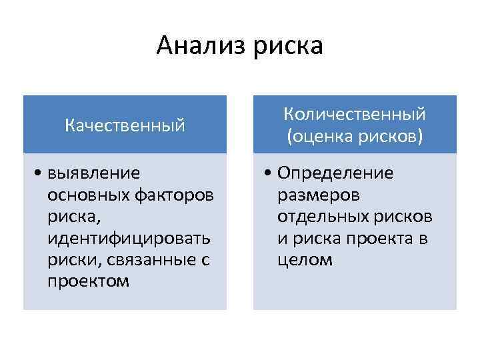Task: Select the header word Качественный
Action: pos(125,125)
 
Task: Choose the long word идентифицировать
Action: pos(129,238)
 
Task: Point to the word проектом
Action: pos(89,281)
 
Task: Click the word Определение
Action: pos(335,173)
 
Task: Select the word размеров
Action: pos(317,195)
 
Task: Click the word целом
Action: pos(304,259)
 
